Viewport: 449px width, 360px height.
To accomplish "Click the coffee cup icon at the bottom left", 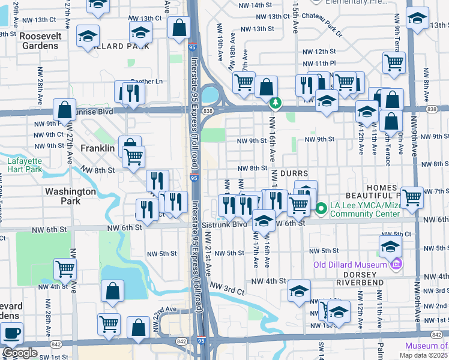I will point(11,332).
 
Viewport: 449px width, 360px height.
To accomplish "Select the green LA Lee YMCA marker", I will point(321,209).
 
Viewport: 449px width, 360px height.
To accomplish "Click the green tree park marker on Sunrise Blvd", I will point(275,103).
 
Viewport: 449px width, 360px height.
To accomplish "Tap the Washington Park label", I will point(70,196).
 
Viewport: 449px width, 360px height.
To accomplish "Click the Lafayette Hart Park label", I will point(25,165).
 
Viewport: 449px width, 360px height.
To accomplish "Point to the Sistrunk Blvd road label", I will point(224,224).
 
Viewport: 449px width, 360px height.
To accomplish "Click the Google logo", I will point(19,352).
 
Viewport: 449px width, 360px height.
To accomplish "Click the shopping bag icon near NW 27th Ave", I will point(64,110).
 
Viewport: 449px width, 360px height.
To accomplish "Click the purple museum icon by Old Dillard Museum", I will point(395,265).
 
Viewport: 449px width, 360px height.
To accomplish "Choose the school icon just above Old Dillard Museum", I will point(390,245).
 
